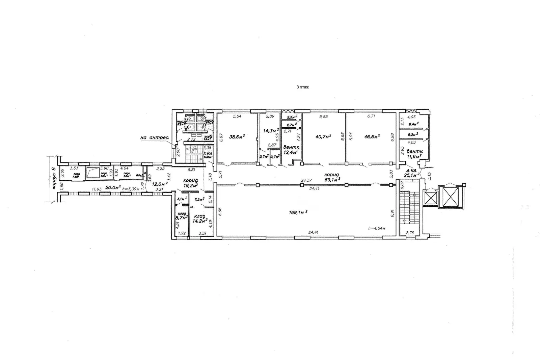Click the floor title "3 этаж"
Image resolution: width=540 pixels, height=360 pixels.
pos(303,87)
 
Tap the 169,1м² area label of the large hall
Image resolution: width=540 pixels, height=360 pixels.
pos(298,212)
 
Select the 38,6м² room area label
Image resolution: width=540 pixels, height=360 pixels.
pos(237,137)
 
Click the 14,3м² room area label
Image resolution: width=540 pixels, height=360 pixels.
pos(271,130)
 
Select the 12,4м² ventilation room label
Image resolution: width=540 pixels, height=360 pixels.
pos(290,152)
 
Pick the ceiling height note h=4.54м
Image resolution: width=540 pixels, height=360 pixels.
pos(377,228)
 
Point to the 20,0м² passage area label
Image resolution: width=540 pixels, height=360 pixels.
pos(113,187)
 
